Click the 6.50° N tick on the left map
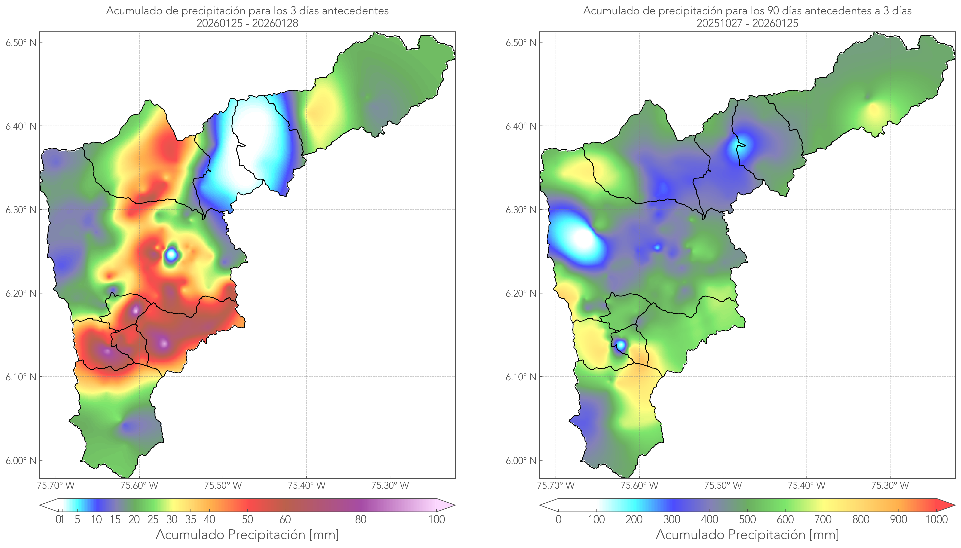(x=21, y=42)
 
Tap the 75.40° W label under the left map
(x=306, y=486)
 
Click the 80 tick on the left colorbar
(x=360, y=519)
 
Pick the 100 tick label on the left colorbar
(x=436, y=519)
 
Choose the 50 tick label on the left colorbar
(x=247, y=519)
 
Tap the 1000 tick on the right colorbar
(x=936, y=519)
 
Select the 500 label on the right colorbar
(x=747, y=519)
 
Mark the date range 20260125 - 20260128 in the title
(x=247, y=23)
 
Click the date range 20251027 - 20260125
(x=747, y=23)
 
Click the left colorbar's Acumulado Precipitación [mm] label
(x=247, y=534)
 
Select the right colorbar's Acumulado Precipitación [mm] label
(x=747, y=534)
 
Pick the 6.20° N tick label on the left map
(x=21, y=293)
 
